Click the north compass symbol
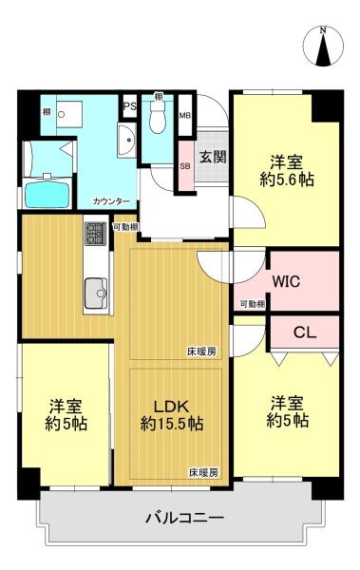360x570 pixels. [323, 47]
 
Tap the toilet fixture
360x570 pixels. [158, 117]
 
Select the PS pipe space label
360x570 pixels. [129, 106]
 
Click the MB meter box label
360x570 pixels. [185, 116]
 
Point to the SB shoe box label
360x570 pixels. [185, 166]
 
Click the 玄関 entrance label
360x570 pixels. [213, 157]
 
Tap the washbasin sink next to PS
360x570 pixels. [127, 140]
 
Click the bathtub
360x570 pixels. [47, 195]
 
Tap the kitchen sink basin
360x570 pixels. [96, 294]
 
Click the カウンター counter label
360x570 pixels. [111, 201]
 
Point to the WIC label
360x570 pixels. [286, 281]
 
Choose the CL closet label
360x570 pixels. [305, 332]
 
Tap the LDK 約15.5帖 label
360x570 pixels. [172, 415]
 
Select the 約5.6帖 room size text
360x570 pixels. [287, 180]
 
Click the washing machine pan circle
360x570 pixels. [62, 114]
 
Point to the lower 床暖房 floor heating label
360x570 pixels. [203, 472]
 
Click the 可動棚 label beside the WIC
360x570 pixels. [253, 304]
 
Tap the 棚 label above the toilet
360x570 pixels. [158, 97]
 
